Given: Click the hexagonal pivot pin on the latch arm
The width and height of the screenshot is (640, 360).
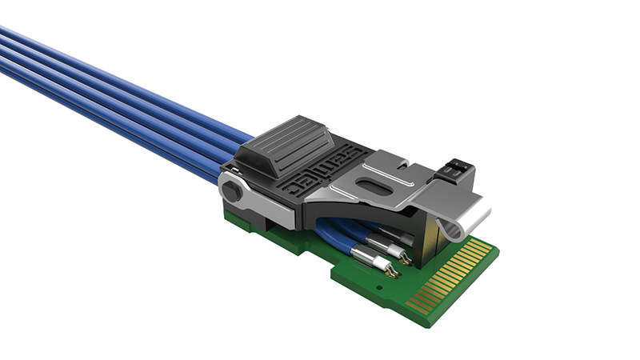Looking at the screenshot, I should click(231, 191).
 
